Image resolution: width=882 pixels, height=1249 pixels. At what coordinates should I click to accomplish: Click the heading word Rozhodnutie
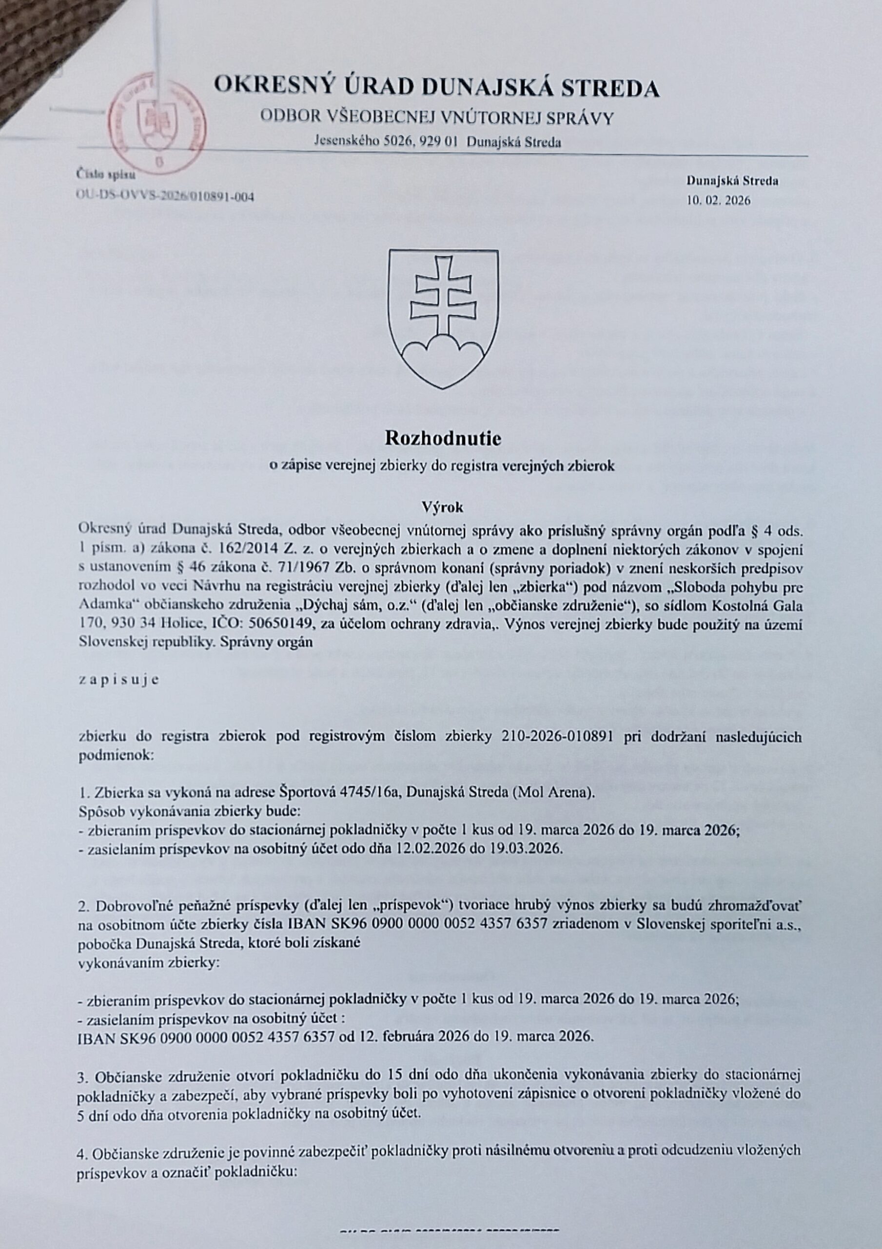(x=442, y=439)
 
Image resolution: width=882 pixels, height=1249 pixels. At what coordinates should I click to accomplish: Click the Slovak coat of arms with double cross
(x=443, y=318)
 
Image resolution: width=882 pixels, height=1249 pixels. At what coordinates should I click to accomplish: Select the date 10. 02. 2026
(x=718, y=200)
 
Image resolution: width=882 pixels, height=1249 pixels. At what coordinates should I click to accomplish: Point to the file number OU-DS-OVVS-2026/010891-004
(x=165, y=197)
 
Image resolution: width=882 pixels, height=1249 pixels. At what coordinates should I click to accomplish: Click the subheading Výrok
(x=443, y=507)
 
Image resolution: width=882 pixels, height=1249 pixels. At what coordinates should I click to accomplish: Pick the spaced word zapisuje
(x=119, y=681)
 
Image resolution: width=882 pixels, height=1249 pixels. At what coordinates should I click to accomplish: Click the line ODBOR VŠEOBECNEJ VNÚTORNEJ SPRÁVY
(x=437, y=117)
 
